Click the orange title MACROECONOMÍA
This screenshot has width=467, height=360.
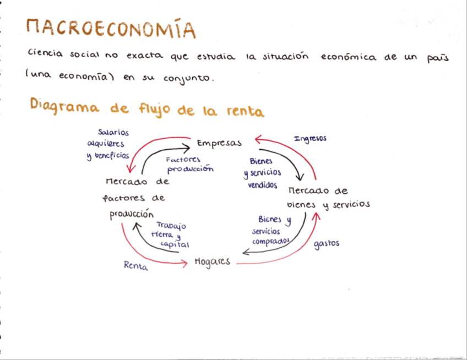coord(111,29)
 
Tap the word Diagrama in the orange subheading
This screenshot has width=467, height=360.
coord(64,106)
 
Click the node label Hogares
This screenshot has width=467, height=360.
coord(212,262)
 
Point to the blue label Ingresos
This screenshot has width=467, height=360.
coord(310,139)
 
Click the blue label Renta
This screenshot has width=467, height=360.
coord(136,265)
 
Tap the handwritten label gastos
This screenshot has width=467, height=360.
coord(327,243)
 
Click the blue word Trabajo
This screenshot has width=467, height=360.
coord(171,225)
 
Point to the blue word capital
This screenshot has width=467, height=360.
coord(175,244)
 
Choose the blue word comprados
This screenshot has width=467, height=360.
coord(270,241)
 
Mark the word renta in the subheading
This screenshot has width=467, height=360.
coord(245,112)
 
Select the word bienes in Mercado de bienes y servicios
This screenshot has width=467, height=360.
coord(302,205)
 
